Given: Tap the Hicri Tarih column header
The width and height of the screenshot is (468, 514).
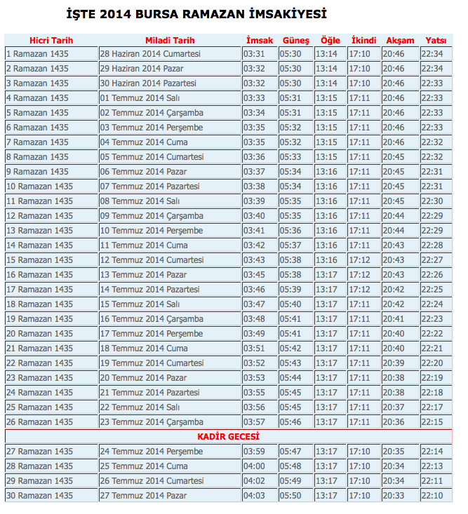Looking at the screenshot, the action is pos(51,41).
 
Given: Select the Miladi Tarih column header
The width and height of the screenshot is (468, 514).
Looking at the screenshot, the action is pos(170,41).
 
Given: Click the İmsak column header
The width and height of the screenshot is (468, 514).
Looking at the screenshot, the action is pos(260,41).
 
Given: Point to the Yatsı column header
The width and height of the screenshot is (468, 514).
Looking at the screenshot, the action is pos(436,41).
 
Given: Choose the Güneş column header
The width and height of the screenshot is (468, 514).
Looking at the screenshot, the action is pos(295,41).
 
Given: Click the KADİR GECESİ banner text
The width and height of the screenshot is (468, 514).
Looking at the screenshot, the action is pos(228,437).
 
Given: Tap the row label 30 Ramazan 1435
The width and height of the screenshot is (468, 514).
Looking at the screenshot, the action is pos(39,496).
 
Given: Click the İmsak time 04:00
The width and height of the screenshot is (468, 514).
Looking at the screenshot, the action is pos(254,466).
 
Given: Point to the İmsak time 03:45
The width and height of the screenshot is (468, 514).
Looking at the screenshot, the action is pos(254,275).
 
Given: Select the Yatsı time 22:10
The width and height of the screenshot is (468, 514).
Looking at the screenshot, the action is pos(432,496).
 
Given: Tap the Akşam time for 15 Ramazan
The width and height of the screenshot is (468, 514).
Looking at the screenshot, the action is pos(394,260).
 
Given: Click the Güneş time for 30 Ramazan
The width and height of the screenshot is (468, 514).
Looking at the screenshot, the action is pos(290,496).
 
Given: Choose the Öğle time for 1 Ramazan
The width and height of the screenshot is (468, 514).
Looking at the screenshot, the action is pos(326,54).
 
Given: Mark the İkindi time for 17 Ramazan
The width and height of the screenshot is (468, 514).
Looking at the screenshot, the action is pos(359,290).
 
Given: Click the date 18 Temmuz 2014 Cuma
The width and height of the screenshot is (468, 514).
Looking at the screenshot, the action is pos(144,349).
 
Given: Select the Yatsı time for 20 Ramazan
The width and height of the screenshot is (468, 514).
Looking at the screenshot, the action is pos(432,334).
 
